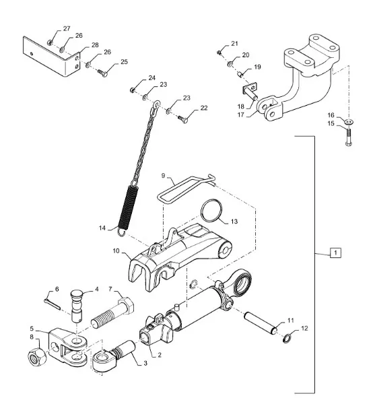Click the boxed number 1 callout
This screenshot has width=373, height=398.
(335, 253)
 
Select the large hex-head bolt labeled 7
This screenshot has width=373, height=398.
(112, 312)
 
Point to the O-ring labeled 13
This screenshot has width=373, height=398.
(211, 210)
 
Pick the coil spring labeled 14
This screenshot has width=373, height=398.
(128, 209)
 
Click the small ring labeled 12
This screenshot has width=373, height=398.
(287, 338)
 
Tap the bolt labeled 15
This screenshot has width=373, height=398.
(349, 137)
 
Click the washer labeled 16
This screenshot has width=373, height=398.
(349, 122)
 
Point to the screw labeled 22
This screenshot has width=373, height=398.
(182, 119)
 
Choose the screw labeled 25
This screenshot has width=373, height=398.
(102, 73)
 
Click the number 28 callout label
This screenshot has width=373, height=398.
(95, 45)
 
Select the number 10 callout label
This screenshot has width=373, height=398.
(116, 251)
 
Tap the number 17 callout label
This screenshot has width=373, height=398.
(240, 114)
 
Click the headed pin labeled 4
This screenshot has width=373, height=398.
(77, 306)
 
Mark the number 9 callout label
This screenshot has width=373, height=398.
(163, 175)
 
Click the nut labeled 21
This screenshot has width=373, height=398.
(219, 53)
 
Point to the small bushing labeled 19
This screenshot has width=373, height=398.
(240, 75)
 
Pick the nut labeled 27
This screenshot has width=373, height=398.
(50, 42)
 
